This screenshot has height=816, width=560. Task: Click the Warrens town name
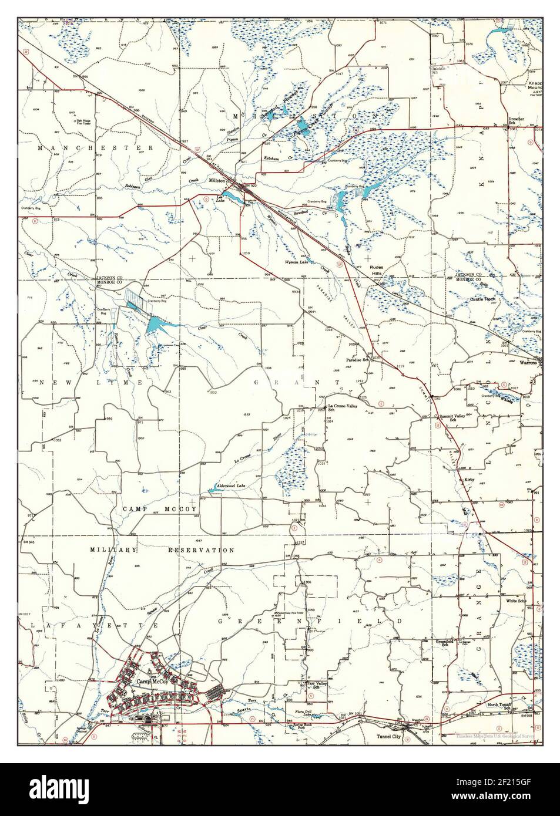click(532, 362)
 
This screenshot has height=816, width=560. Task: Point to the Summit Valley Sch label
click(452, 419)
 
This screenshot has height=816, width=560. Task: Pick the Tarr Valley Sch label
click(318, 686)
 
